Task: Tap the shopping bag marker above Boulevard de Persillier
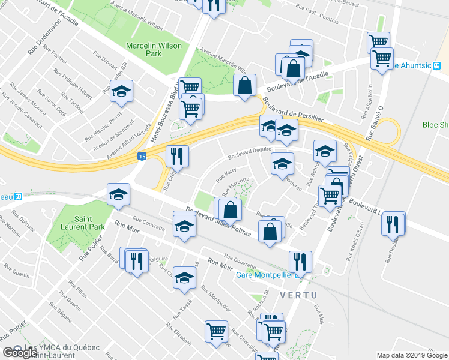coord(244,85)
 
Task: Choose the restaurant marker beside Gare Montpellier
coord(298,261)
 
